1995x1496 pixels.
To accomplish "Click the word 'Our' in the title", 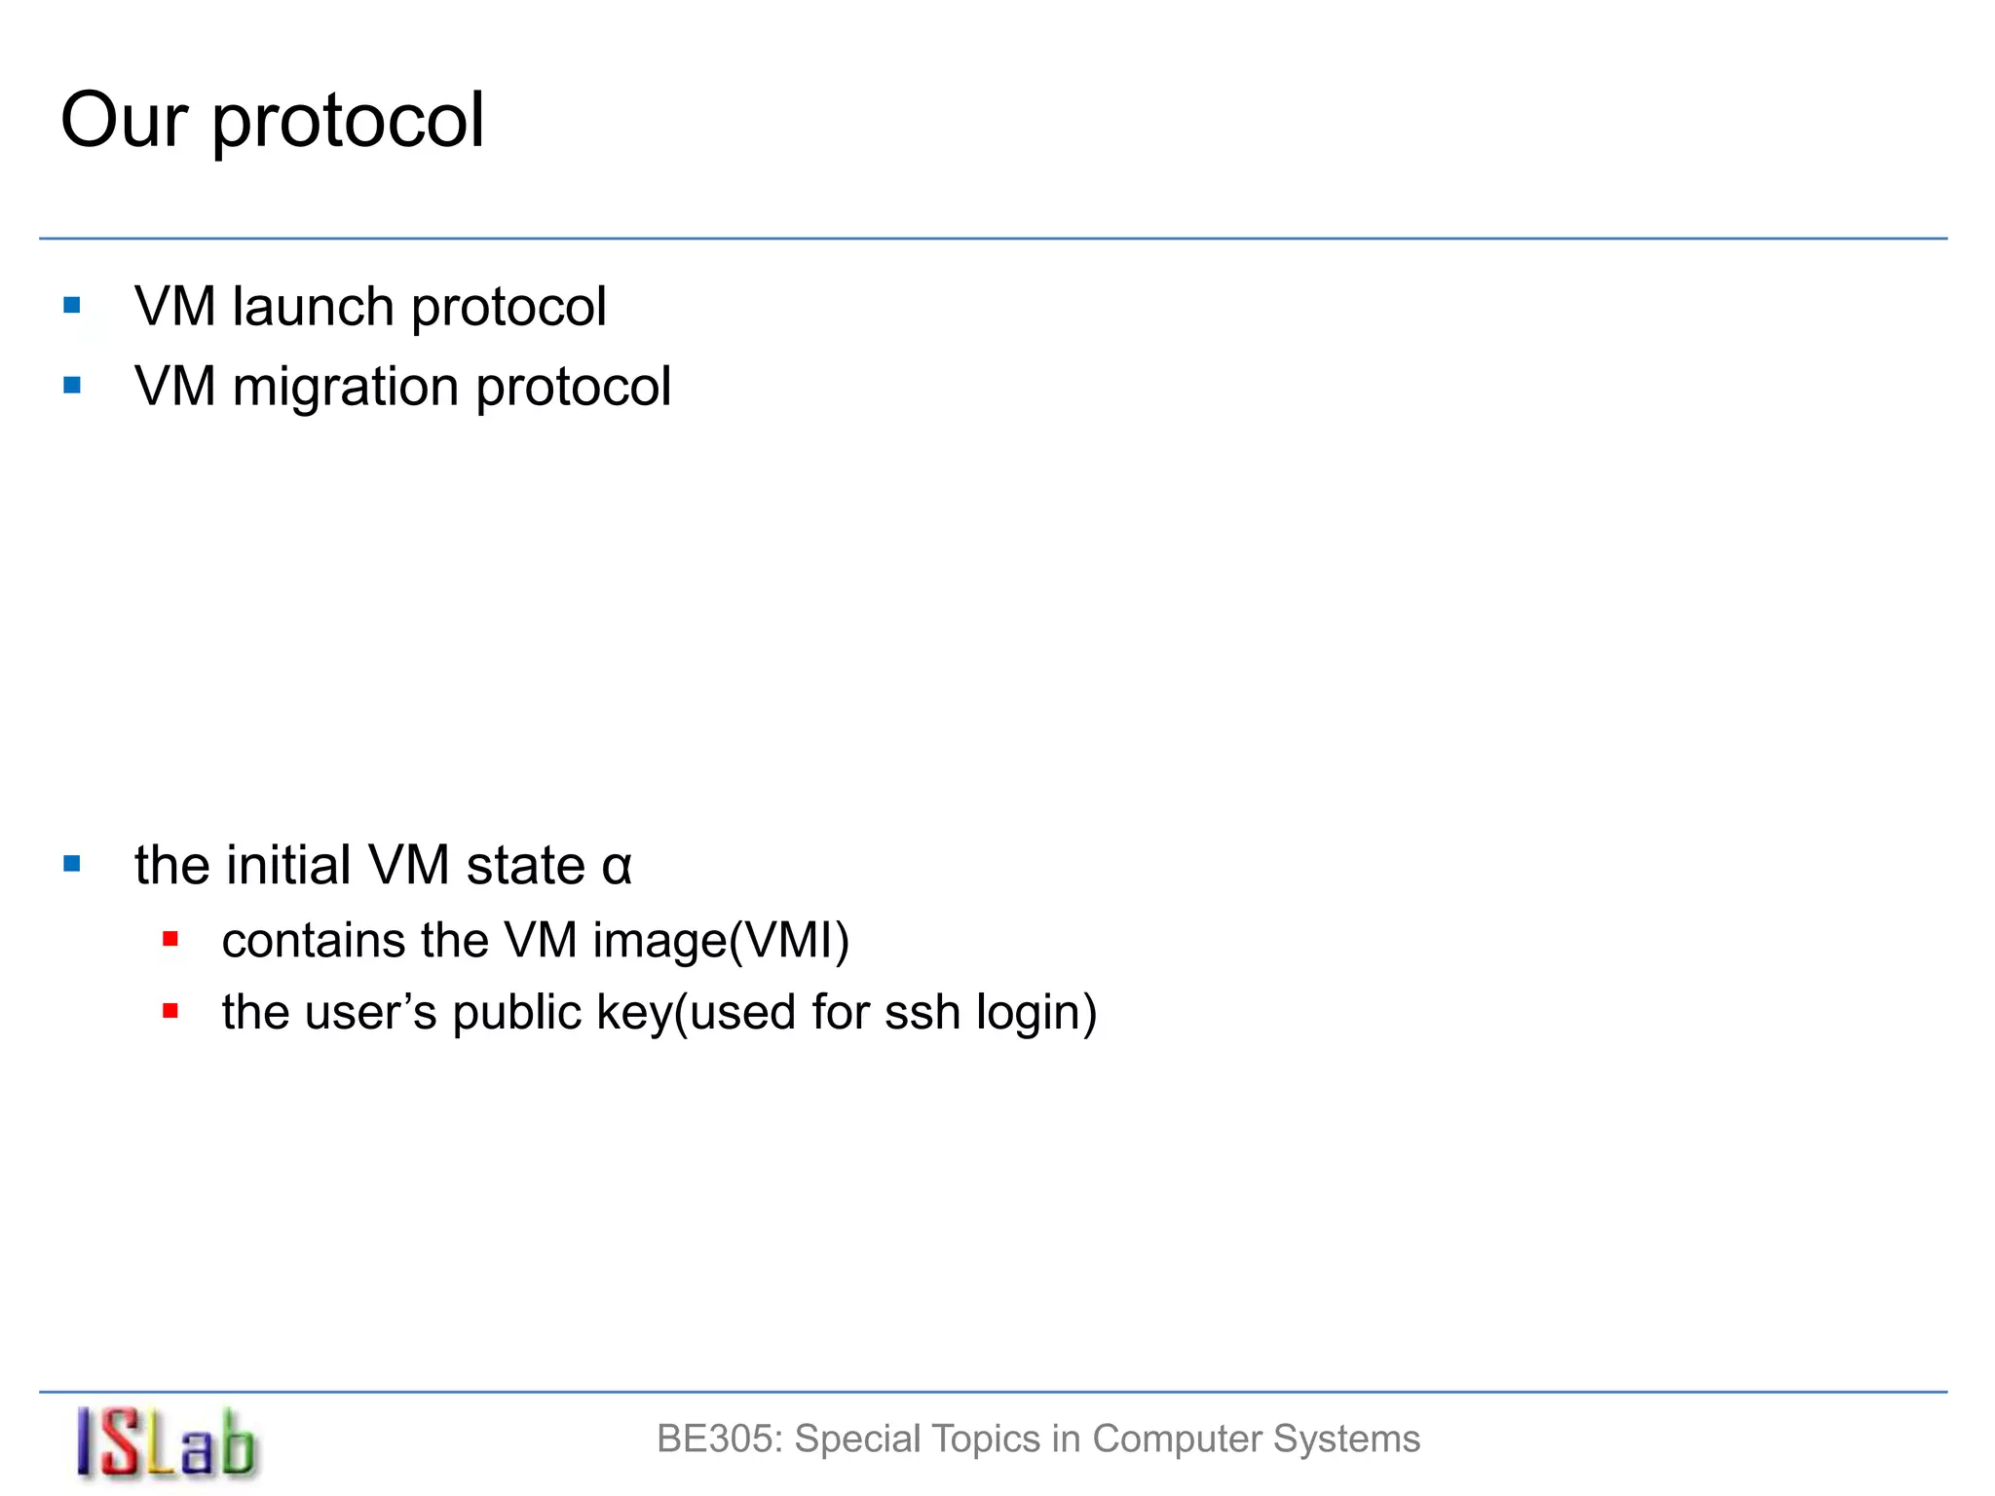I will tap(124, 120).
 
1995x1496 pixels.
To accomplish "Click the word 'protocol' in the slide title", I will tap(348, 124).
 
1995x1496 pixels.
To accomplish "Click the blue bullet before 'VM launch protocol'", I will tap(72, 306).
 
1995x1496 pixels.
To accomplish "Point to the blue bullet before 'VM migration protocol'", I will tap(72, 386).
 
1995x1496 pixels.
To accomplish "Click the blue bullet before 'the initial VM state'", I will tap(72, 864).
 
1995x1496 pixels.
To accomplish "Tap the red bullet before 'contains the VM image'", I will tap(170, 940).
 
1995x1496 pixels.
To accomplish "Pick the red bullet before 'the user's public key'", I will tap(170, 1011).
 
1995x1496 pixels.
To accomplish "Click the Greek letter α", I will tap(617, 866).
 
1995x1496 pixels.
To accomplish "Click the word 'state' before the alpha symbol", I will tap(525, 866).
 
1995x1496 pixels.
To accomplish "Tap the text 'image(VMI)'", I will tap(721, 942).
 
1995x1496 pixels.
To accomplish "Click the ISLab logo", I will tap(166, 1443).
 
